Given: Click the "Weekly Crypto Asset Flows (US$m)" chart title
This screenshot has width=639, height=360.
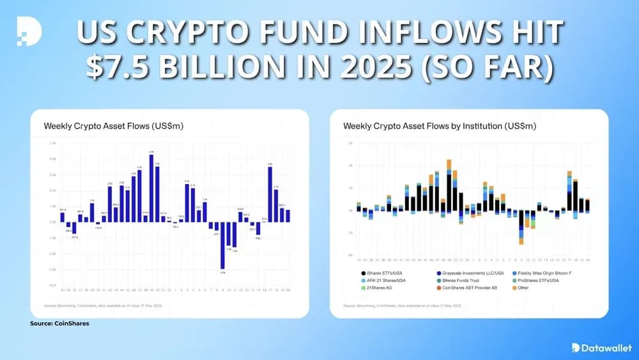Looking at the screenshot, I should click(x=113, y=126).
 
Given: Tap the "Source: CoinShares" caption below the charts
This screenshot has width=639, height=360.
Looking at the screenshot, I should click(x=59, y=324).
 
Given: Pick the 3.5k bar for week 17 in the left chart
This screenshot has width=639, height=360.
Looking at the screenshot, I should click(x=270, y=194).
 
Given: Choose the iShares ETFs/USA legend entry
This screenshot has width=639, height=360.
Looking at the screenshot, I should click(x=389, y=272).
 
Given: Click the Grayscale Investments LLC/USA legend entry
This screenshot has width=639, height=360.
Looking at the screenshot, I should click(x=472, y=272).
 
